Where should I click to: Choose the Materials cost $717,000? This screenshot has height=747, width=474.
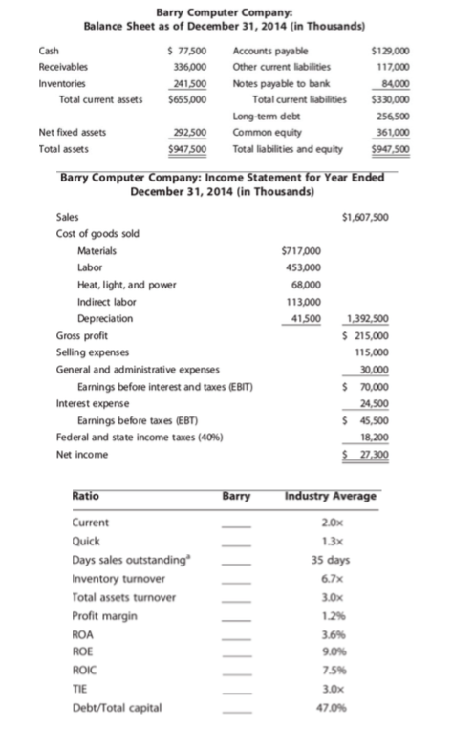click(302, 251)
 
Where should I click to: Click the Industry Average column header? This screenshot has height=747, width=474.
click(331, 496)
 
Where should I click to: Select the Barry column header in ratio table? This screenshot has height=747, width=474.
click(236, 496)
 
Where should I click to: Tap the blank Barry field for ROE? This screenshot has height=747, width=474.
click(236, 652)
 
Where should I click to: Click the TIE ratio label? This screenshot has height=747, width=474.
click(81, 690)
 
